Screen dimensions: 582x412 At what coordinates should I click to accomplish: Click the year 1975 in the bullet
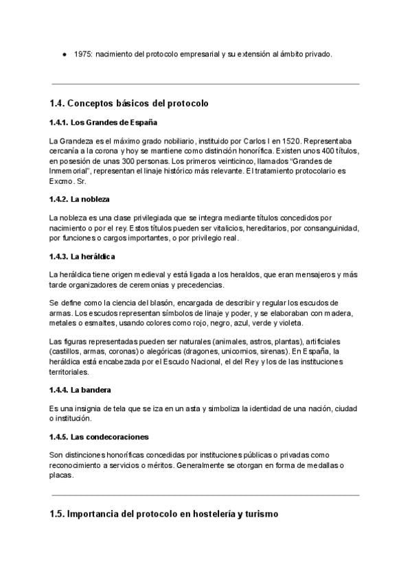[82, 54]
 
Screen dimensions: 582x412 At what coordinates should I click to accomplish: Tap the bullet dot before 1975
[64, 54]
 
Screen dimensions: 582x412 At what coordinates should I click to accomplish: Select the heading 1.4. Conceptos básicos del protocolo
[129, 104]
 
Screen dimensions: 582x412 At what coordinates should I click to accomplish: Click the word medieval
[155, 275]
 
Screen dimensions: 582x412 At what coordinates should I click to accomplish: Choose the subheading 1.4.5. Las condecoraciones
[99, 437]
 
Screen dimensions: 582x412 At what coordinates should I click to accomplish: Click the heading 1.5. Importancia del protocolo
[163, 513]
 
